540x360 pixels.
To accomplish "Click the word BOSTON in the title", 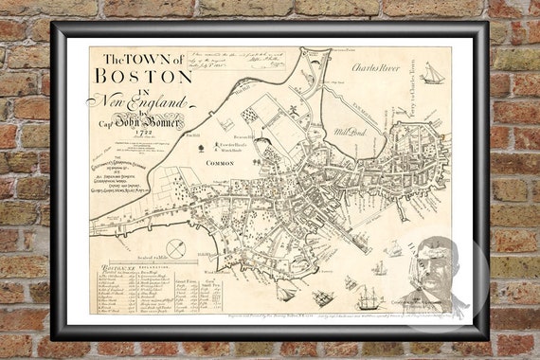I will coord(144,74).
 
